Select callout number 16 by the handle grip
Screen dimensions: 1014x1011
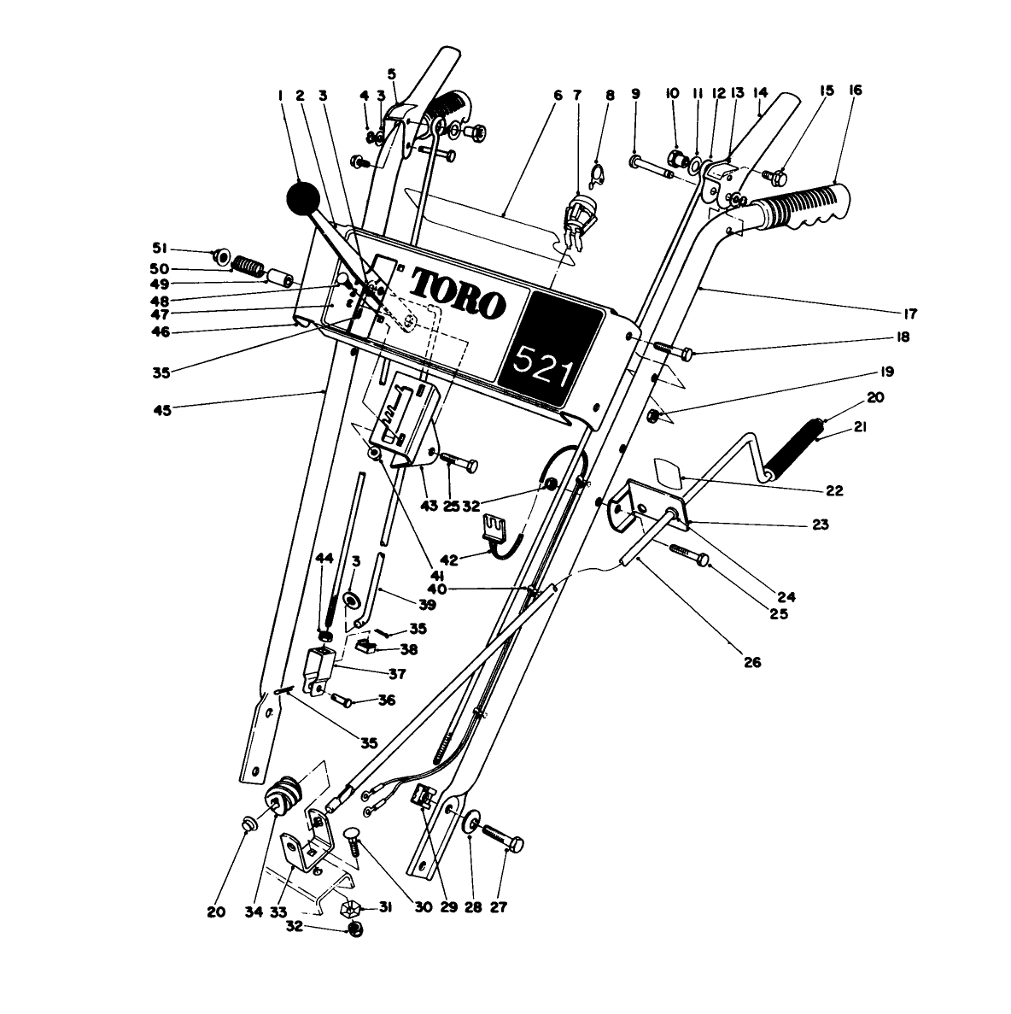(x=855, y=90)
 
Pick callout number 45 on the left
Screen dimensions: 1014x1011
(x=161, y=409)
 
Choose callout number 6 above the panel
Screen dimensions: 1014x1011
(x=558, y=95)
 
